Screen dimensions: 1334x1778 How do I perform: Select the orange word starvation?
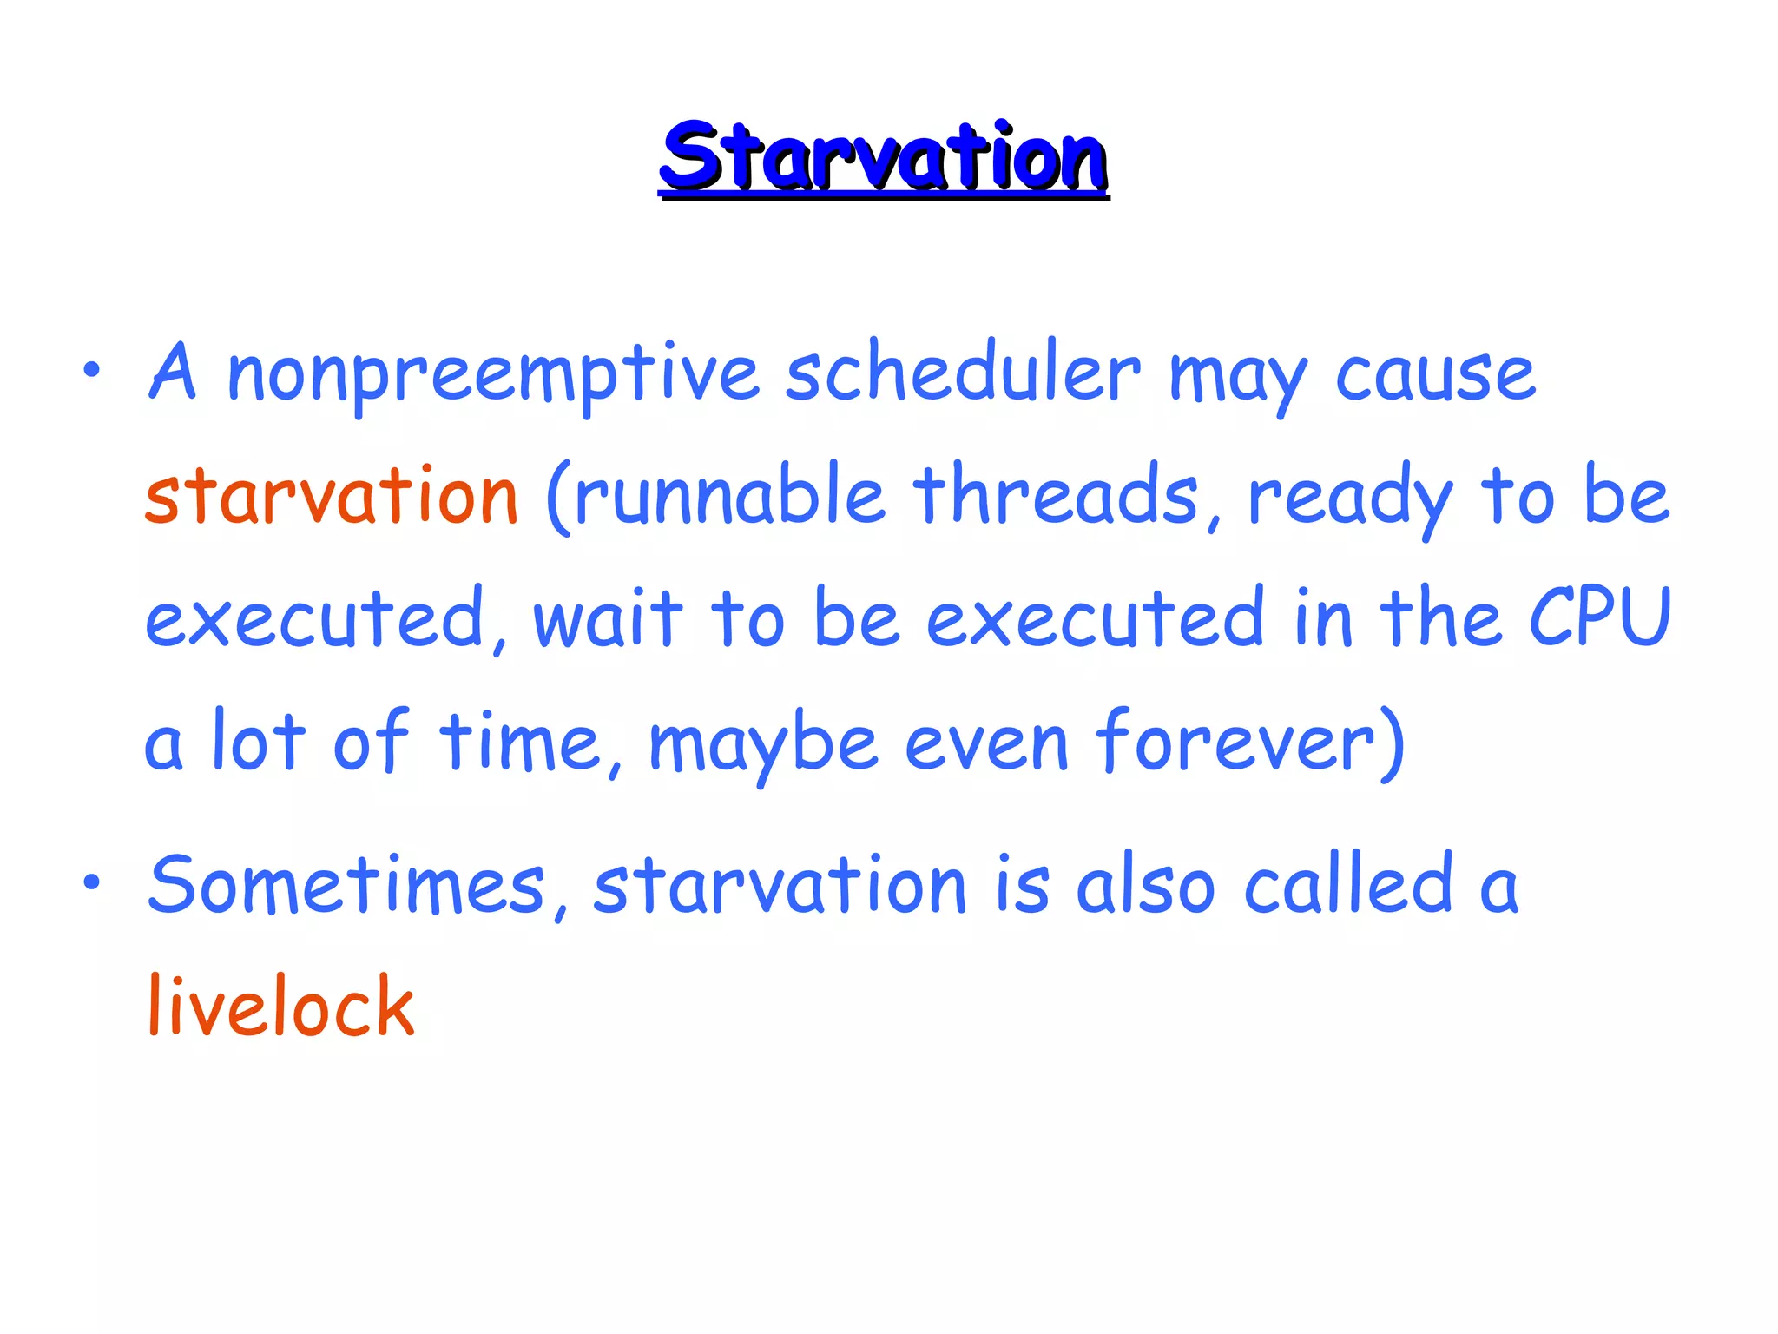point(332,497)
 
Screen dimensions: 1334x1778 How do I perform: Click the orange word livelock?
point(281,1007)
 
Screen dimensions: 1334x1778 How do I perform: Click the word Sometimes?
point(347,886)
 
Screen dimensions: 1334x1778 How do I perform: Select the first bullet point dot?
point(92,372)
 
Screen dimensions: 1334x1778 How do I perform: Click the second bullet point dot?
point(92,883)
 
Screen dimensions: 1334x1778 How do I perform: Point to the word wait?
point(609,618)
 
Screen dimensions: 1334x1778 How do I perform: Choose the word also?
point(1145,886)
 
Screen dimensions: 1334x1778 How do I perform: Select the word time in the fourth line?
point(519,743)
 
